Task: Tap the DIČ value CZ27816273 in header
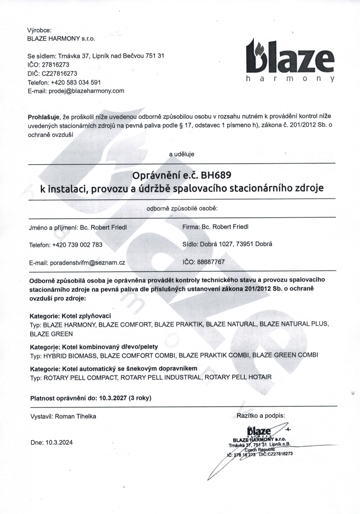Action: point(60,74)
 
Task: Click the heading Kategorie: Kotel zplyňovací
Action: point(70,316)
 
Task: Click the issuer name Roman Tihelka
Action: point(75,416)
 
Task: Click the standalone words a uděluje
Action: point(181,154)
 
